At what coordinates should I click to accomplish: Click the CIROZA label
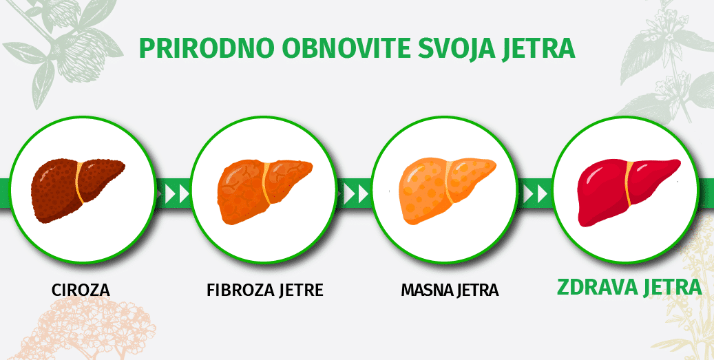click(81, 290)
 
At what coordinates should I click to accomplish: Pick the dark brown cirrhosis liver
click(77, 190)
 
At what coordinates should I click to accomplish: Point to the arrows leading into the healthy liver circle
click(534, 194)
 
